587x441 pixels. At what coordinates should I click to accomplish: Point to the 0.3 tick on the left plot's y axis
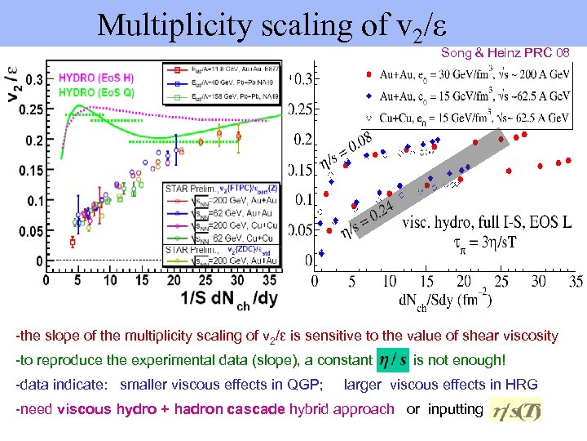[x=33, y=80]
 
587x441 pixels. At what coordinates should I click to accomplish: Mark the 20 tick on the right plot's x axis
[x=463, y=281]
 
